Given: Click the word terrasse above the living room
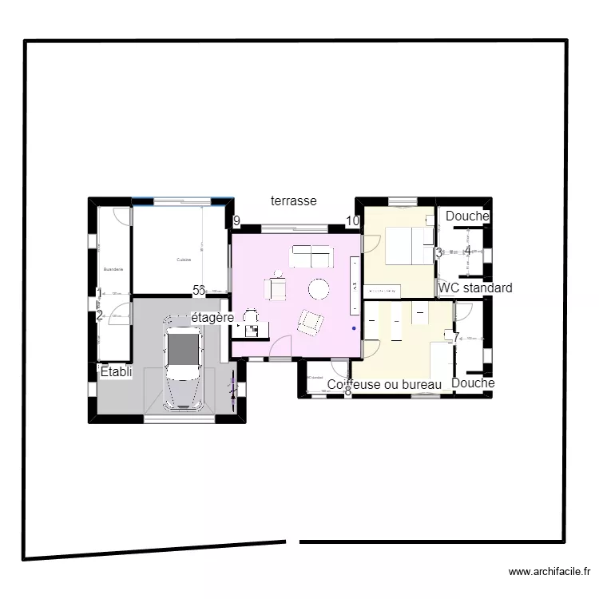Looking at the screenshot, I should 294,201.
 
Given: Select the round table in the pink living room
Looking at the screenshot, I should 319,288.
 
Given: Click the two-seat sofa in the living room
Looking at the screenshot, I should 311,256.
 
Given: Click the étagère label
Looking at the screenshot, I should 212,318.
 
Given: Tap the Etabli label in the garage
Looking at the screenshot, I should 116,371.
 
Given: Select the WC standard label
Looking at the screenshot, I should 475,288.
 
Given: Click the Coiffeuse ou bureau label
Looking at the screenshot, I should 384,385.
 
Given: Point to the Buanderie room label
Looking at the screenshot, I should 113,270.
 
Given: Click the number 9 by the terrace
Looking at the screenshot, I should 236,221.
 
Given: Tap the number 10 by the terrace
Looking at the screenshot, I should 352,221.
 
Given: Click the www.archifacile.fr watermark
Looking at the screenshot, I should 549,572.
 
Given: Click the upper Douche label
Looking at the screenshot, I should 467,216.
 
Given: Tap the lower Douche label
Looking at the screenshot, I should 473,383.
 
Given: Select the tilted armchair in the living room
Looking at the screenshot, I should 310,322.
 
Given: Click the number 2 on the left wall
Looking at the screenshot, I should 100,315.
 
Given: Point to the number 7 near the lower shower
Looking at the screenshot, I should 456,337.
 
